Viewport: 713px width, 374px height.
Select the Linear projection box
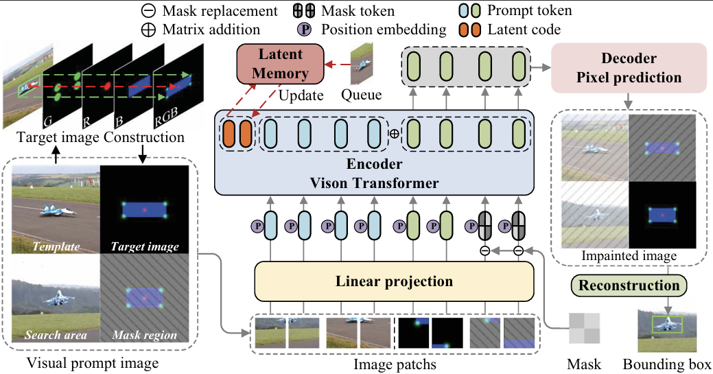(394, 281)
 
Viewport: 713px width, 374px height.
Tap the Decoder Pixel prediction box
(629, 67)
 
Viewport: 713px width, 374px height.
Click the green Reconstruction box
(629, 285)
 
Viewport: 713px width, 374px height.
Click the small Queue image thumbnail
(363, 65)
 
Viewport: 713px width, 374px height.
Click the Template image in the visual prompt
(54, 209)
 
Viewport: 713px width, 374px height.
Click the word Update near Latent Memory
(301, 95)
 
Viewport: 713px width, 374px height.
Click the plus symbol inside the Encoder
(393, 133)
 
